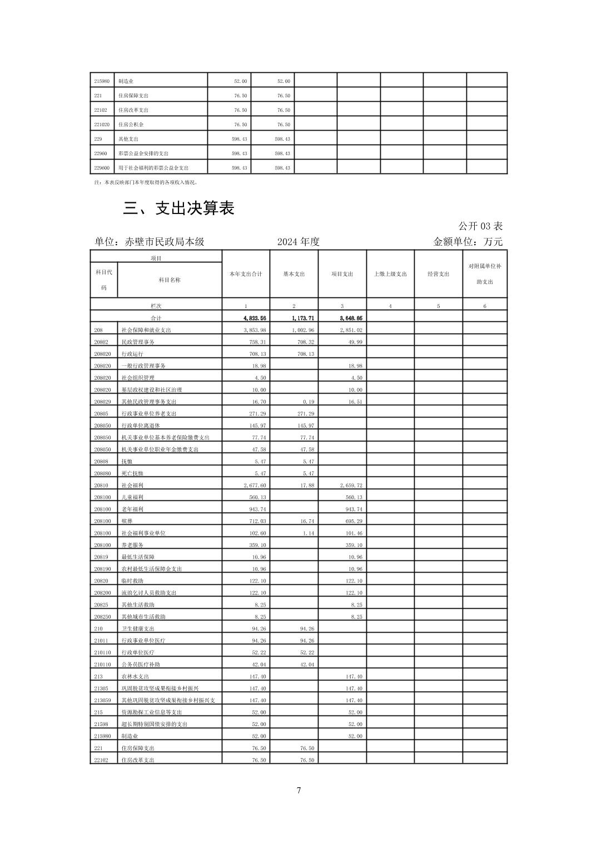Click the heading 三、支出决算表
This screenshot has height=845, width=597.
[x=178, y=208]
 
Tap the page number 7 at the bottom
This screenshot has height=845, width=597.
[x=298, y=790]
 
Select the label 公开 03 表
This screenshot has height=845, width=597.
[x=480, y=226]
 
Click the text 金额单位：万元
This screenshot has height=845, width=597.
[x=467, y=242]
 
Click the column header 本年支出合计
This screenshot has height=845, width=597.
[x=246, y=274]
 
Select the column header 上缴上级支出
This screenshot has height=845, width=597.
[x=390, y=274]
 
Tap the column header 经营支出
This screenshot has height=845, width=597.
[x=438, y=274]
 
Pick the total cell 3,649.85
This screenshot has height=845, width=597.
[x=351, y=318]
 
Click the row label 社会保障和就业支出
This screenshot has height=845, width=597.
[x=146, y=330]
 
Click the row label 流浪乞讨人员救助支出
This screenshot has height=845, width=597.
[x=148, y=593]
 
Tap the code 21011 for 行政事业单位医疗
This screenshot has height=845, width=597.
[x=101, y=640]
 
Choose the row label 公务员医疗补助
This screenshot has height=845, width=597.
[x=141, y=664]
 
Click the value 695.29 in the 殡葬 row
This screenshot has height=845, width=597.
[x=354, y=521]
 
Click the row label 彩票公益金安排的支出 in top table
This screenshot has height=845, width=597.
[x=143, y=153]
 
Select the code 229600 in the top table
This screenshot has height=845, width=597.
[x=102, y=168]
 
